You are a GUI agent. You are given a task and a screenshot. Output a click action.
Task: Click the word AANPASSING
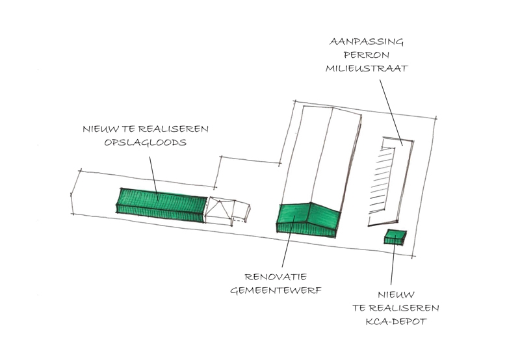click(367, 42)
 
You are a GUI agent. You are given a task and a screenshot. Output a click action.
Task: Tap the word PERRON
click(367, 55)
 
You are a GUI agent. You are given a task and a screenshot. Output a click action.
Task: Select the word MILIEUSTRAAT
click(367, 69)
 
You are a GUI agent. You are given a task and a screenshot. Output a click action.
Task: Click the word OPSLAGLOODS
click(145, 142)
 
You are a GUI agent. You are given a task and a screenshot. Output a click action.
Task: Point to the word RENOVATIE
click(276, 277)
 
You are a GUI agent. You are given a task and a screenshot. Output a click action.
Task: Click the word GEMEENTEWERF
click(276, 290)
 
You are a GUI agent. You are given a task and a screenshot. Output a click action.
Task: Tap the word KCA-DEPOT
click(396, 322)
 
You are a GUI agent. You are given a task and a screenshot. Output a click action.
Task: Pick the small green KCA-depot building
click(395, 237)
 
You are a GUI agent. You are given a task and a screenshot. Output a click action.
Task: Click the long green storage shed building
click(161, 205)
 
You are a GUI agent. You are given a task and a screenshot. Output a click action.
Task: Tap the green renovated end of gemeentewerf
click(308, 220)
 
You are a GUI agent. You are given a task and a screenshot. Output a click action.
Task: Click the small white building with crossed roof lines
click(220, 211)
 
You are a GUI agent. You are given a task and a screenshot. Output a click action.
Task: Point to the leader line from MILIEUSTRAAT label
click(391, 112)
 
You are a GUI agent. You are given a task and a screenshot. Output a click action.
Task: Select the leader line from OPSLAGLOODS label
click(153, 178)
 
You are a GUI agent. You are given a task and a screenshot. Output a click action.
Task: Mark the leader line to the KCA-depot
click(393, 260)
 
